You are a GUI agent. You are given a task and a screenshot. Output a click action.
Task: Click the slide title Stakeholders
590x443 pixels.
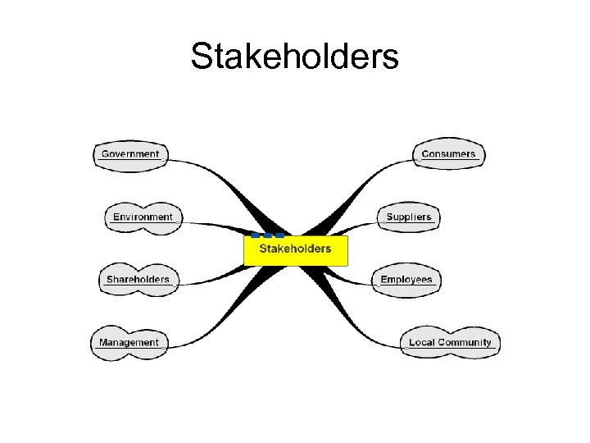click(294, 57)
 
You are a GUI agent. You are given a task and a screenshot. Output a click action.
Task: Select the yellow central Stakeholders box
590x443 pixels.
click(296, 250)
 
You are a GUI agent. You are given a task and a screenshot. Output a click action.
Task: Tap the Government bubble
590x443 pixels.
click(130, 154)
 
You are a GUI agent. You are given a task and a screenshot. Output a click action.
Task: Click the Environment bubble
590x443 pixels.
click(143, 217)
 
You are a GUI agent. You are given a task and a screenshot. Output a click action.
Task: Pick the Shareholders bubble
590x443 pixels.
click(138, 280)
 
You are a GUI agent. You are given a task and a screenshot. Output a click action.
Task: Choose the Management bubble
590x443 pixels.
click(129, 342)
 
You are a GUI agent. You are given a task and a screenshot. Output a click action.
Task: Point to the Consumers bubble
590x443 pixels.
click(448, 154)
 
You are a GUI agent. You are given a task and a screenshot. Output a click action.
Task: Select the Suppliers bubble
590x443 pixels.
click(408, 217)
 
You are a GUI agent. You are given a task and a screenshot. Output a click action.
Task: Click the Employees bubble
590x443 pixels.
click(406, 280)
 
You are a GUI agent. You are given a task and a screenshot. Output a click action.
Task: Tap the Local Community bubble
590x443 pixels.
click(450, 342)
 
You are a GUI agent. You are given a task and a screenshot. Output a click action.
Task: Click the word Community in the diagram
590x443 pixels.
click(465, 342)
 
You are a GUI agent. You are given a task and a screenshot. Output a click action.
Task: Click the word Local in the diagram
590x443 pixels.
click(421, 342)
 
